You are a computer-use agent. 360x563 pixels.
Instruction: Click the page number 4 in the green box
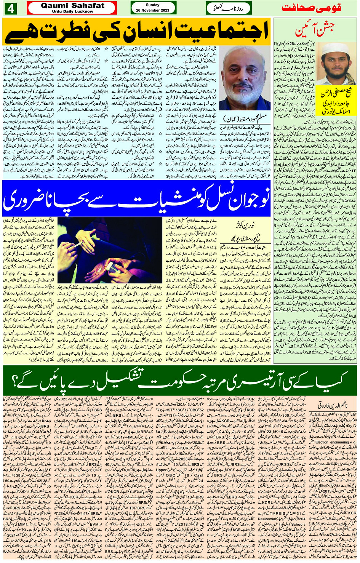coord(10,8)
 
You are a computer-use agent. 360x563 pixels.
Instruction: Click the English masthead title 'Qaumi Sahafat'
coord(72,6)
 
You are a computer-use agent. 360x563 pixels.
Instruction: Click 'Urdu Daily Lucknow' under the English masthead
coord(72,11)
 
